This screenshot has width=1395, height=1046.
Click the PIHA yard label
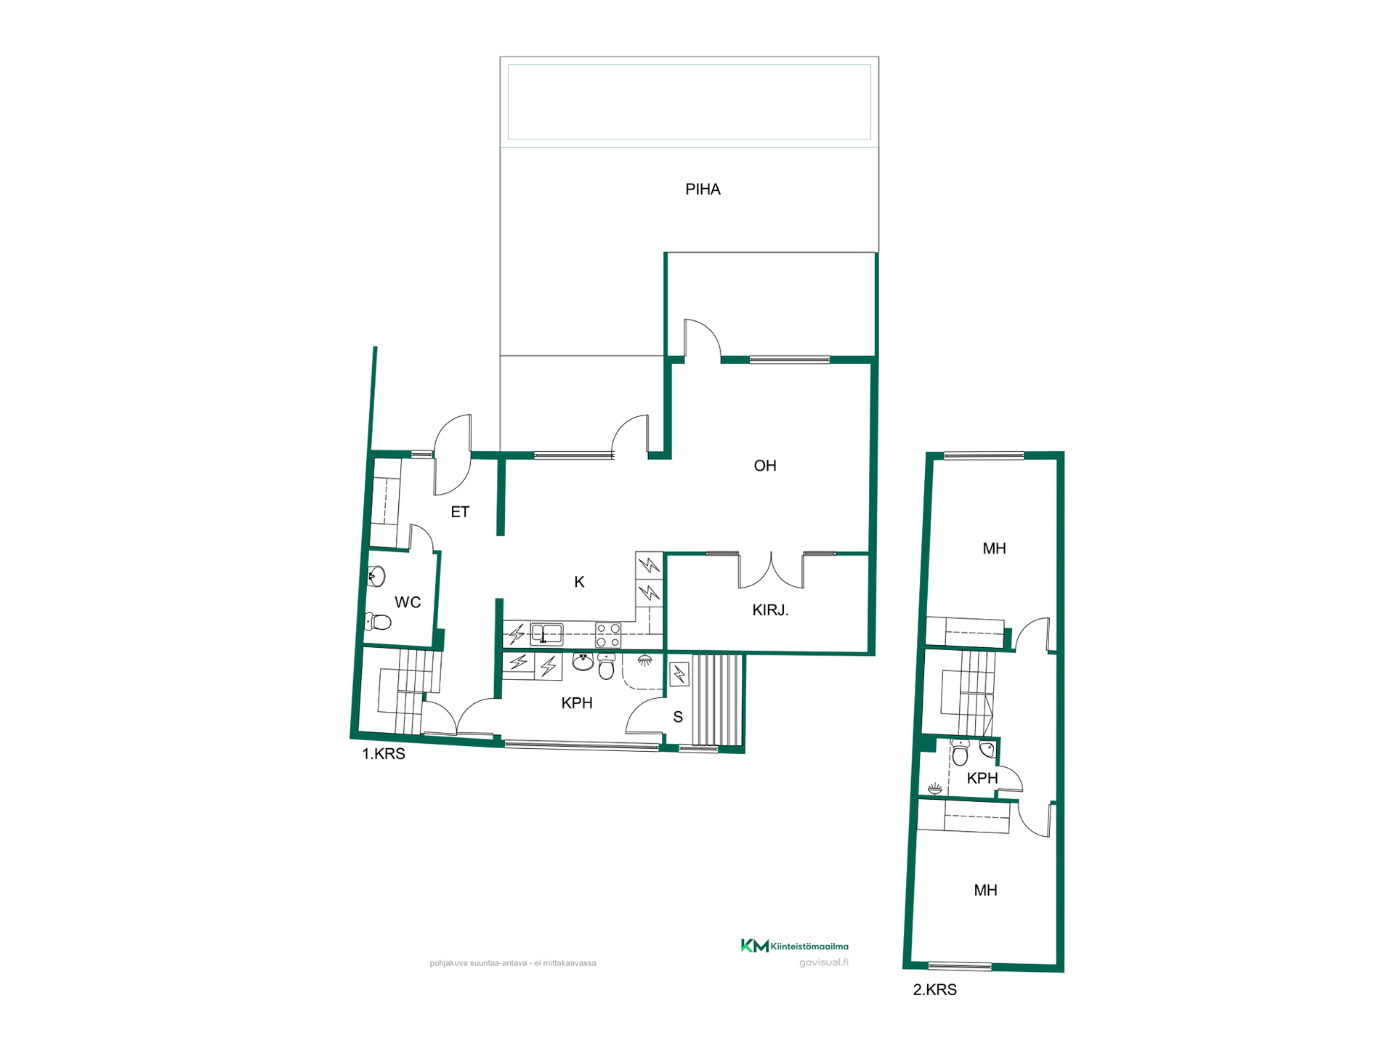click(x=703, y=190)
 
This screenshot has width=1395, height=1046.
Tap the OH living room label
click(x=765, y=466)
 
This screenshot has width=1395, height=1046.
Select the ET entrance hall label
click(x=460, y=512)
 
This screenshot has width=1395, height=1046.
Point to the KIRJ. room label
click(x=770, y=610)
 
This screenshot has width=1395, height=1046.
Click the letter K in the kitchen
click(x=579, y=582)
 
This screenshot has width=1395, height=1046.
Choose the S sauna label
click(x=678, y=718)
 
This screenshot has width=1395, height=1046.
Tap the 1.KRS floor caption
click(x=384, y=754)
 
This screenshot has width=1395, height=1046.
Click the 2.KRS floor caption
click(x=934, y=990)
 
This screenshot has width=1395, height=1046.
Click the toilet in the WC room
click(x=378, y=622)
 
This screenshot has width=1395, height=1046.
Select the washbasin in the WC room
click(x=376, y=577)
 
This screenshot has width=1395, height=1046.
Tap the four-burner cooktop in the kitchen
click(x=608, y=635)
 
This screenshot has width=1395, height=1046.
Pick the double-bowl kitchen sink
click(x=546, y=634)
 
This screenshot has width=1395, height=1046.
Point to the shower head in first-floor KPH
click(x=644, y=660)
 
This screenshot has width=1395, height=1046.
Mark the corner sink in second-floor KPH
click(x=987, y=749)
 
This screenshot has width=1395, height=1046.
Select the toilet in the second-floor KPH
click(x=960, y=753)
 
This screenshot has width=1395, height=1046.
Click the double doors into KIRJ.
click(x=771, y=570)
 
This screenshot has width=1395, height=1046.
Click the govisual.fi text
click(x=824, y=962)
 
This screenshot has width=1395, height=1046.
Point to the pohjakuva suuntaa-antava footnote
click(x=513, y=963)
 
